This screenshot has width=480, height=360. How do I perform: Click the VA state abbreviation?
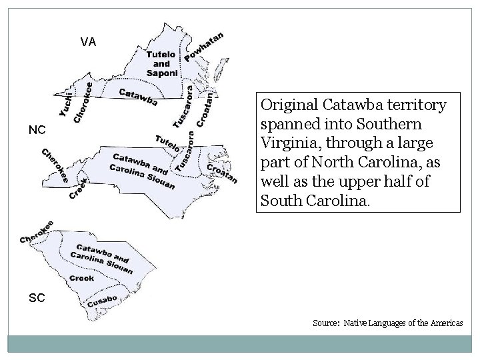pyautogui.click(x=88, y=42)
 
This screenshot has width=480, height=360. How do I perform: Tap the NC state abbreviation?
pyautogui.click(x=37, y=131)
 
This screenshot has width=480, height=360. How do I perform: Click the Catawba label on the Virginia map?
pyautogui.click(x=138, y=97)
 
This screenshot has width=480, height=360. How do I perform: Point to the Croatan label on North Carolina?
pyautogui.click(x=222, y=171)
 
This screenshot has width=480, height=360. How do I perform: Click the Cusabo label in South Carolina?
pyautogui.click(x=102, y=301)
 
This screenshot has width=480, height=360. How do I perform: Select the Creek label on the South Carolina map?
pyautogui.click(x=81, y=278)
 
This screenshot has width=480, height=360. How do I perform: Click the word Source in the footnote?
pyautogui.click(x=326, y=323)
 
